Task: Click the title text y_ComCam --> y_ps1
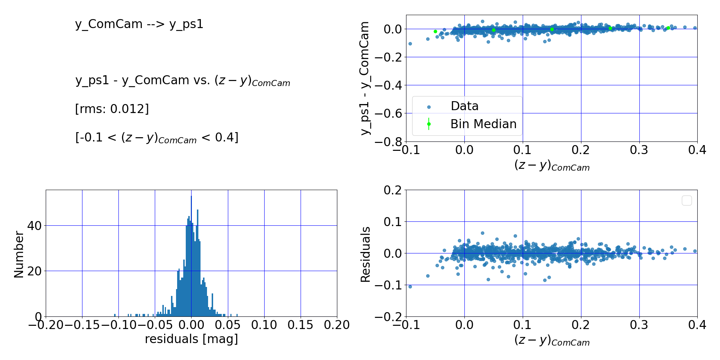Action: [139, 24]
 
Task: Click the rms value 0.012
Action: [129, 109]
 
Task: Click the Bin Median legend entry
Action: [483, 124]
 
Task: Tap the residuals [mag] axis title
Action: [192, 339]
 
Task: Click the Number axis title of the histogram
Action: [19, 254]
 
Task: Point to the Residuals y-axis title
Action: [365, 254]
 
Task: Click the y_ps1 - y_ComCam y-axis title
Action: [365, 78]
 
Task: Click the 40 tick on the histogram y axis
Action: [35, 226]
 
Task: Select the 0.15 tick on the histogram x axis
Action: [300, 325]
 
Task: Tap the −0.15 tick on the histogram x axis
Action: [82, 325]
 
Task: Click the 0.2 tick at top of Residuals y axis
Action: [392, 190]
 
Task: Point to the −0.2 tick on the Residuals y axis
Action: [390, 317]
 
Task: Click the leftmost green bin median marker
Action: [435, 31]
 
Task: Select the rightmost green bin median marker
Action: [668, 28]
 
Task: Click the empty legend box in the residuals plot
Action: [687, 201]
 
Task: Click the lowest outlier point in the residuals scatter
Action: [410, 287]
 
